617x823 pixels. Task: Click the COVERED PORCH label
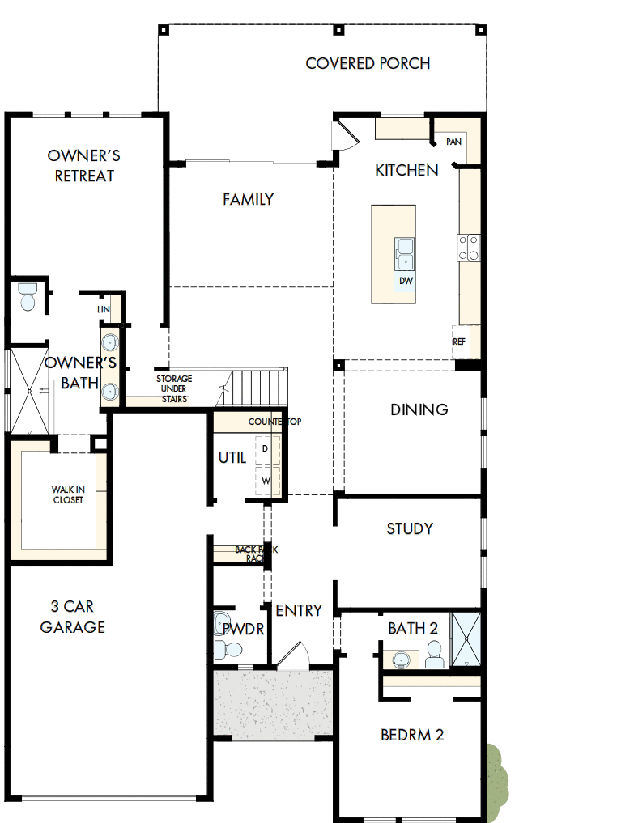pos(368,63)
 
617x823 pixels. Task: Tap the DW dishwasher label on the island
pos(406,281)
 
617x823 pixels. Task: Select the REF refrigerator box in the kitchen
pos(460,342)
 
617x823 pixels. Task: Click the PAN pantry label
pos(453,142)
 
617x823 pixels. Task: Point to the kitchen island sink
pos(404,253)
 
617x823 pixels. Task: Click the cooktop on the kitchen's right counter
pos(469,247)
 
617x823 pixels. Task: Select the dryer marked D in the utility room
pos(265,448)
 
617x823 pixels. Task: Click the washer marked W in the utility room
pos(265,480)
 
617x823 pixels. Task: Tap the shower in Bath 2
pos(466,640)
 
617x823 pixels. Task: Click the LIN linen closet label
pos(104,309)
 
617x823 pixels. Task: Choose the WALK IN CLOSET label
pos(67,494)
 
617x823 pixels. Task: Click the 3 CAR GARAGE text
pos(73,617)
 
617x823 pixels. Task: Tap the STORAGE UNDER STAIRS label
pos(173,388)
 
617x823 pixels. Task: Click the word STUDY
pos(410,528)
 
